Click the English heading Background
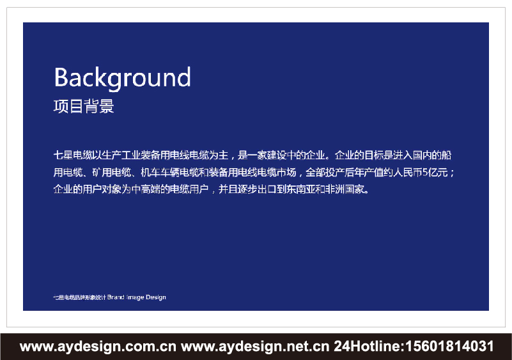click(x=122, y=78)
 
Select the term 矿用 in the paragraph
click(x=102, y=173)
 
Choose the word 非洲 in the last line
click(x=336, y=190)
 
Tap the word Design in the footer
click(x=155, y=297)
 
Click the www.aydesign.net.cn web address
click(x=255, y=347)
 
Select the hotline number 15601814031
click(x=447, y=347)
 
